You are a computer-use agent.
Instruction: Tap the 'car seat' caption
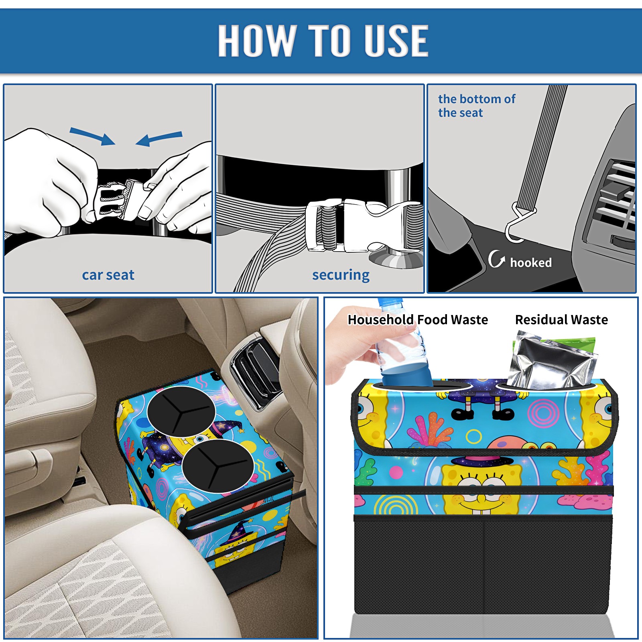tap(108, 275)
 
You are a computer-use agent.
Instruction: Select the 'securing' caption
tap(341, 275)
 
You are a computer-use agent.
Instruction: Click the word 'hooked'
tap(531, 262)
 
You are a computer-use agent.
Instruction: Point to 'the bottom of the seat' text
tap(476, 106)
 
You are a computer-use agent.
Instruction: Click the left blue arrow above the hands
tap(92, 136)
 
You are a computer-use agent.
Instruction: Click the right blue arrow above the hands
tap(159, 139)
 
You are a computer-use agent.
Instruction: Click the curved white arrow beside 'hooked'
tap(496, 259)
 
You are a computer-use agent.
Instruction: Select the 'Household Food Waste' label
tap(418, 319)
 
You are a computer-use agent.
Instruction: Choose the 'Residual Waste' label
tap(561, 319)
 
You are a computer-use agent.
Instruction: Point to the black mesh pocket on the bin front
tap(483, 566)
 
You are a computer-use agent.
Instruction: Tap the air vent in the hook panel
tap(614, 197)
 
